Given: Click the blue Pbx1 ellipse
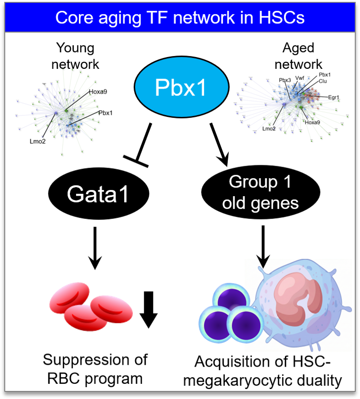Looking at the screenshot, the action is (x=181, y=87).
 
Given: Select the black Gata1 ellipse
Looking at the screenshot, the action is (x=98, y=194).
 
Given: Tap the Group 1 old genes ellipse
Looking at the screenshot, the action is (x=261, y=192).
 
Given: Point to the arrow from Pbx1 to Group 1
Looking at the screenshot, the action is (x=219, y=144).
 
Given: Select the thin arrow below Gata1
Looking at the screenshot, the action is (x=95, y=248).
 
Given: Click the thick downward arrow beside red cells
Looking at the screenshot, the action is (x=148, y=310).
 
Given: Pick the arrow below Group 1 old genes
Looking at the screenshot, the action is (x=263, y=247).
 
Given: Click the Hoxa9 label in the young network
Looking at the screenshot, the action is (x=98, y=92).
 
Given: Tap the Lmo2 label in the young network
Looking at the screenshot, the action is (x=38, y=142).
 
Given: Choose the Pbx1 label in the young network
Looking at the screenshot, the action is (x=106, y=113).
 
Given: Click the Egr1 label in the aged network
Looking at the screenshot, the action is (x=334, y=97).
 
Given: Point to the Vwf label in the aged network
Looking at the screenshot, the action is (x=300, y=78).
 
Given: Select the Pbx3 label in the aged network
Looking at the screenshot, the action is (x=285, y=80).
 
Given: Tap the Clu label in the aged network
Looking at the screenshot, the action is (x=323, y=81).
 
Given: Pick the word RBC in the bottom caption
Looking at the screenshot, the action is (x=64, y=379).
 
